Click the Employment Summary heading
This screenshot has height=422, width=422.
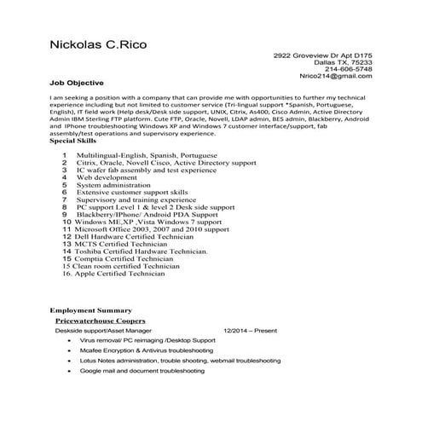click(x=91, y=309)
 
